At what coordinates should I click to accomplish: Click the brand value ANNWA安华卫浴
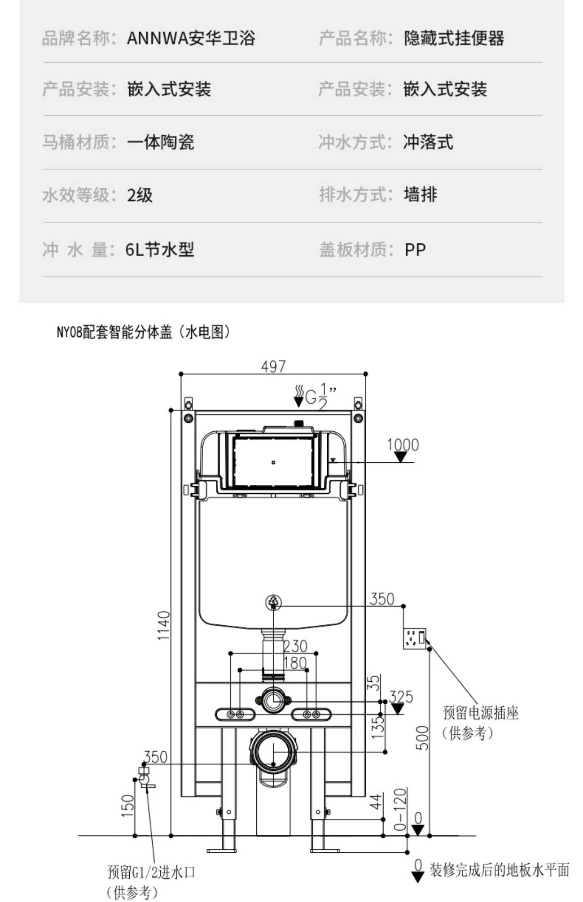(x=191, y=38)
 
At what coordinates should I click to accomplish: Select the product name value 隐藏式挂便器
(x=454, y=38)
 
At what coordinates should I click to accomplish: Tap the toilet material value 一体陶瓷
(x=160, y=142)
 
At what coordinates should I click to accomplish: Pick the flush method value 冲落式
(x=428, y=142)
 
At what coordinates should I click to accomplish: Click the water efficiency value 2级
(x=140, y=195)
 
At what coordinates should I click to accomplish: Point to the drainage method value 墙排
(x=420, y=194)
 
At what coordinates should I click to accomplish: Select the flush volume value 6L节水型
(x=159, y=249)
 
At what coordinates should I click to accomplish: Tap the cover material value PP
(x=415, y=249)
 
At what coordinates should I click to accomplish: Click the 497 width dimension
(x=273, y=366)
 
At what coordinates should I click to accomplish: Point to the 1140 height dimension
(x=163, y=625)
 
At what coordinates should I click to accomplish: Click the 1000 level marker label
(x=402, y=444)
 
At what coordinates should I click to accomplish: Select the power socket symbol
(x=415, y=638)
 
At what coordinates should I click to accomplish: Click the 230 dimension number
(x=295, y=646)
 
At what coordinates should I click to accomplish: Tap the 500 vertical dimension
(x=423, y=738)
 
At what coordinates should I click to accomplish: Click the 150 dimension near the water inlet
(x=128, y=805)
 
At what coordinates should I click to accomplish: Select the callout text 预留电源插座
(x=481, y=713)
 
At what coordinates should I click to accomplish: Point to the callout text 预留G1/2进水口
(x=151, y=872)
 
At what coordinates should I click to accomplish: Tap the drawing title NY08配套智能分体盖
(x=114, y=332)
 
